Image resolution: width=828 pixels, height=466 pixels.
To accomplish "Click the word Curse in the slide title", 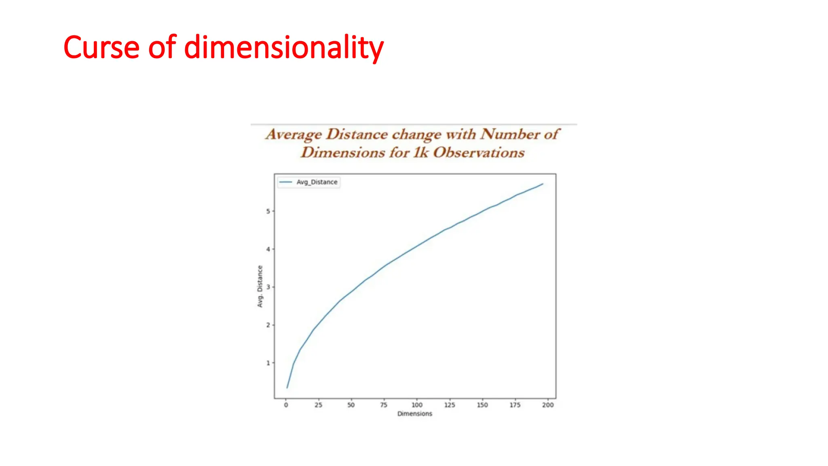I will coord(101,47).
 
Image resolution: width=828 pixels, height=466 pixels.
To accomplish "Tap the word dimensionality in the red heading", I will coord(284,48).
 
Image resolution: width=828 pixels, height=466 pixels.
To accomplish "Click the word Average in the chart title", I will coord(294,134).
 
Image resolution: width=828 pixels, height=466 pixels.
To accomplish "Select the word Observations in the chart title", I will coord(479,153).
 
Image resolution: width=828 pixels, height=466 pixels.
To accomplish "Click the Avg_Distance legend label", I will coord(317,182).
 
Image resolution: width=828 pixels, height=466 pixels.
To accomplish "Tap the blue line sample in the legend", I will coord(286,182).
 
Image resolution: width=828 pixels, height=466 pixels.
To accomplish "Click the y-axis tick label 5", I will coord(268,211).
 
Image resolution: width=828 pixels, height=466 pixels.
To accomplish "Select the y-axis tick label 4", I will coord(268,249).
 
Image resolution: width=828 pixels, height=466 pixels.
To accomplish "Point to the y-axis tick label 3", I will coord(268,287).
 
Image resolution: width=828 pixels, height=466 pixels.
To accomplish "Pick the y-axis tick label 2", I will coord(268,325).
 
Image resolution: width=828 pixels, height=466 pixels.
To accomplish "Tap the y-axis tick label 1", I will coord(268,363).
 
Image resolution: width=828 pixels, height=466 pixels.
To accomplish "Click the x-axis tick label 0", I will coord(286,405).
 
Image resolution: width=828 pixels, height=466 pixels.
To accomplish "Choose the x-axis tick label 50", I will coord(351,405).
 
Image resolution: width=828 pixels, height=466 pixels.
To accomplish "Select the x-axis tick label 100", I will coord(417,405).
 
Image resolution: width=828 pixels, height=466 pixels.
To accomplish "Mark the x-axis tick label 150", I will coord(482,405).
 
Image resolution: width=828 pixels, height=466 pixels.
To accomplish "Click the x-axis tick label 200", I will coord(548,405).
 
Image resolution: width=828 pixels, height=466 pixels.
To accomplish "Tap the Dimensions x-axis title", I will coord(415,414).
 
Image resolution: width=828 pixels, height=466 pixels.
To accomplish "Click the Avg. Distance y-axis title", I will coord(260,286).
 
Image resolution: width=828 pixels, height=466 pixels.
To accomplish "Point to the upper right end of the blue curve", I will coord(543,184).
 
